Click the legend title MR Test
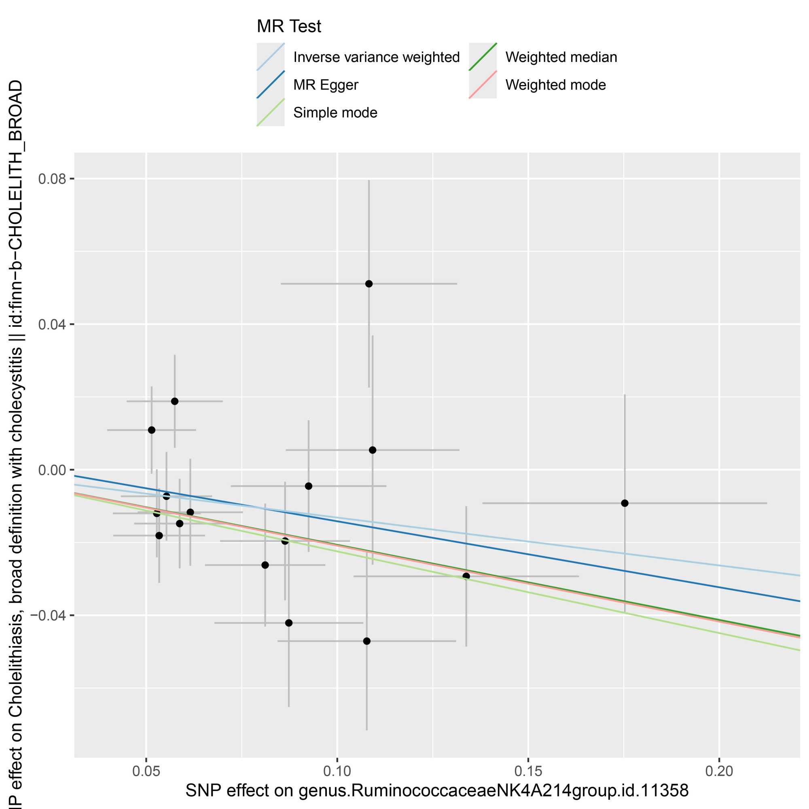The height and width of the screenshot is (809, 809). coord(288,26)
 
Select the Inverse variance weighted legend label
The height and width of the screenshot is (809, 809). coord(376,57)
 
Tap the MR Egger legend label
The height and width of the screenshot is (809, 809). coord(325,85)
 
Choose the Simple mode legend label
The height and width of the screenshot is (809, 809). coord(335,112)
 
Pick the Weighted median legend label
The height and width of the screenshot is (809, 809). coord(561,57)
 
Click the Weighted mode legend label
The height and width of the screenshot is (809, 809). coord(555,85)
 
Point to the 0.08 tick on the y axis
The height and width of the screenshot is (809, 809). coord(52,179)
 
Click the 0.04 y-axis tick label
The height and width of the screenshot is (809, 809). coord(52,324)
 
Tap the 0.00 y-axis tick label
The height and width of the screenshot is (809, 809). coord(52,470)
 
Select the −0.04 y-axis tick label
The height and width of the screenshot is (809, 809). coord(49,616)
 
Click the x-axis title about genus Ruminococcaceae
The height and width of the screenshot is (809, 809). coord(437,790)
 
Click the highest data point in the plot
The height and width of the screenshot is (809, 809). coord(369,284)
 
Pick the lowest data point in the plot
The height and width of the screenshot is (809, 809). coord(367,641)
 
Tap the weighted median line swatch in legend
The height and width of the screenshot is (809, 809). coord(483,57)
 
